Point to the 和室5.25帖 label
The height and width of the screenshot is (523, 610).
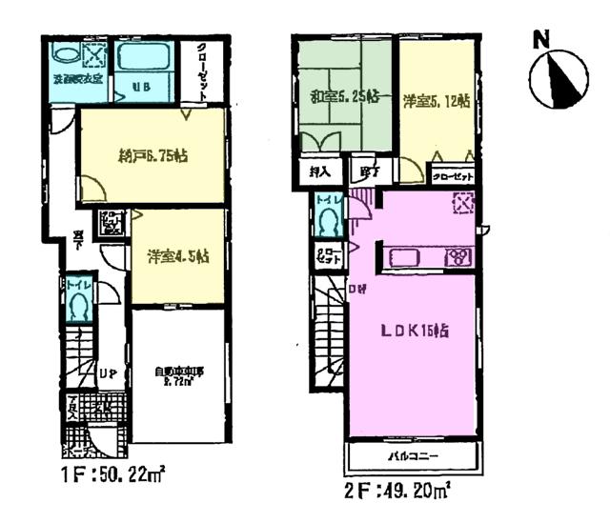[345, 96]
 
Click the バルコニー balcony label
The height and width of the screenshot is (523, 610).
[412, 457]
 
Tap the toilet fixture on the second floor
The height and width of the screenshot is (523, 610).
[329, 223]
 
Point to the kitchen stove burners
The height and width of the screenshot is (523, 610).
[458, 256]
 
